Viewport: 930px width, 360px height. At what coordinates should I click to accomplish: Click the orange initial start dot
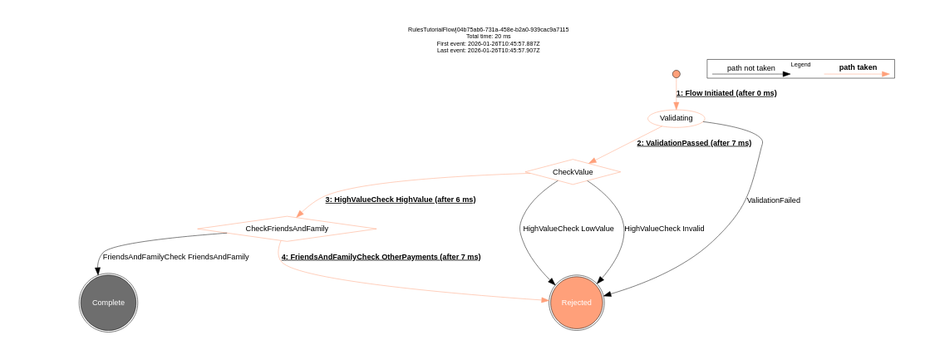[x=677, y=74]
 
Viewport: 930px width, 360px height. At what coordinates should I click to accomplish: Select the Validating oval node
[x=676, y=118]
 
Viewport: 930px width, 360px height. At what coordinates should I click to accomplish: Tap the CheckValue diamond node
[x=573, y=172]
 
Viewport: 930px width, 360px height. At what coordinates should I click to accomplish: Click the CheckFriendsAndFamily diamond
[x=287, y=229]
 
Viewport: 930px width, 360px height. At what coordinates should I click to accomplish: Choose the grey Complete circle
[x=108, y=303]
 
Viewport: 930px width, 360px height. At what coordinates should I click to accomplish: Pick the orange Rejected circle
[x=577, y=303]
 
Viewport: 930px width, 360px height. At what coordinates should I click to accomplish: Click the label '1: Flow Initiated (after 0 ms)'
[x=726, y=93]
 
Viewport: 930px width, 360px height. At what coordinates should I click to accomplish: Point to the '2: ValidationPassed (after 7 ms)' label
[x=694, y=143]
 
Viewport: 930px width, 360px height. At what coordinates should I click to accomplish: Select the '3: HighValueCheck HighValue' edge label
[x=401, y=200]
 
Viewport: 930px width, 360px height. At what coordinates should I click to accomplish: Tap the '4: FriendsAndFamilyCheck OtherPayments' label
[x=381, y=257]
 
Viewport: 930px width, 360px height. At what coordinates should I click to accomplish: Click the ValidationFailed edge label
[x=773, y=200]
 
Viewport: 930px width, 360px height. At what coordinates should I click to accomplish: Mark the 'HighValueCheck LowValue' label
[x=568, y=229]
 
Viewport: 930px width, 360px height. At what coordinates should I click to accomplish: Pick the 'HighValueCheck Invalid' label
[x=664, y=229]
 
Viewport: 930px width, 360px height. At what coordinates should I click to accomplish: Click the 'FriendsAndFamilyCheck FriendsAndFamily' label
[x=175, y=257]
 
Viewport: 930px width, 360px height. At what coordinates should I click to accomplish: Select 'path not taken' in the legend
[x=750, y=68]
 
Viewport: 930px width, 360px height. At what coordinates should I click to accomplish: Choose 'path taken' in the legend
[x=858, y=67]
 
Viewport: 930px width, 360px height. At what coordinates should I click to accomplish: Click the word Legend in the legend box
[x=800, y=64]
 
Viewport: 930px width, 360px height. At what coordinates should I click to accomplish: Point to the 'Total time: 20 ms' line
[x=489, y=37]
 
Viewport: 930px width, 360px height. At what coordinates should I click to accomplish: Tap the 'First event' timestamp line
[x=489, y=43]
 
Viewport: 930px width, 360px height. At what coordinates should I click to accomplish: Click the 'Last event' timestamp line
[x=489, y=50]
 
